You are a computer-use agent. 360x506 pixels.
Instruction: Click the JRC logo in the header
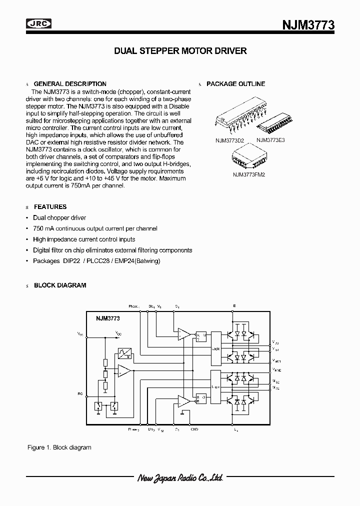[39, 23]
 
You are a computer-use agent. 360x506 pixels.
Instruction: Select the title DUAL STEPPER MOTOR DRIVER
[180, 51]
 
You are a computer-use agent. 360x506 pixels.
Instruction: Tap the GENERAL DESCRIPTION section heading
[70, 84]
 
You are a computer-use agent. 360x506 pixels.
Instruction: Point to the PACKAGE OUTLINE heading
[235, 84]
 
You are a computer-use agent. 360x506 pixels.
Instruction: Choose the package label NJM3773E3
[270, 140]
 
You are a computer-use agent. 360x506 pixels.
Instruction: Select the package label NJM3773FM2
[249, 174]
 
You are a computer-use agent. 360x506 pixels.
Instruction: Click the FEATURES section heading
[50, 206]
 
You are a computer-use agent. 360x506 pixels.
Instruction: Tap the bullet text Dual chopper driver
[59, 218]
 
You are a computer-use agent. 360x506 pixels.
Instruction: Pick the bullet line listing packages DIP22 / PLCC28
[96, 261]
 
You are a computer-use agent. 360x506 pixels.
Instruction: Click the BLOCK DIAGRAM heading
[60, 285]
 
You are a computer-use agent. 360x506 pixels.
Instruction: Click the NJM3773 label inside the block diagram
[107, 318]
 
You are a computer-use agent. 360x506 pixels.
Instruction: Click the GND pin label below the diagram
[195, 429]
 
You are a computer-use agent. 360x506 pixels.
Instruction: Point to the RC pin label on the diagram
[80, 394]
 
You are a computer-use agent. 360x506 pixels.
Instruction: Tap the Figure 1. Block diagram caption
[59, 447]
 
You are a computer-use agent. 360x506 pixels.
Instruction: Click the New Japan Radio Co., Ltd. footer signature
[180, 478]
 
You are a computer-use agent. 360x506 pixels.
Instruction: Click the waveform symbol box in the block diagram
[124, 354]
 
